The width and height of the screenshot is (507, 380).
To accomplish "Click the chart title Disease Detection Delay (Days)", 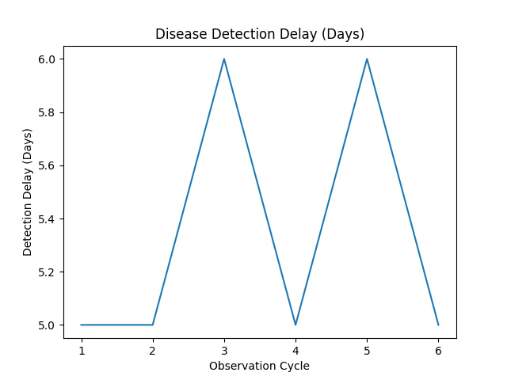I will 260,34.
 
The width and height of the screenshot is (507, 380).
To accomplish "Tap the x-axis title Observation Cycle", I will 259,366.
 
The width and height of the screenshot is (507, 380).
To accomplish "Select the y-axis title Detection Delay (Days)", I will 28,192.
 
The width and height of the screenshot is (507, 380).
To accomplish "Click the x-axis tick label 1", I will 82,349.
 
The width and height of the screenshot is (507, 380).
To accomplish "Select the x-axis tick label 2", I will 153,349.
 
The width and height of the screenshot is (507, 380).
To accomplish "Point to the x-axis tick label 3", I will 224,349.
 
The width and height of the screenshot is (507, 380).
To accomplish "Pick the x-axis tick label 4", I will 295,349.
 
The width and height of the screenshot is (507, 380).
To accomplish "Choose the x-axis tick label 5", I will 367,349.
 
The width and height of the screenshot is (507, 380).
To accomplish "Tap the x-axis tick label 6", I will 438,349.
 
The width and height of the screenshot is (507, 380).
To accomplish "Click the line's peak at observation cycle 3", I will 224,59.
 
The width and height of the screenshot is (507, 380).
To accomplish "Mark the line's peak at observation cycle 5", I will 367,59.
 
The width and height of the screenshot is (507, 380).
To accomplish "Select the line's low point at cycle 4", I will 295,325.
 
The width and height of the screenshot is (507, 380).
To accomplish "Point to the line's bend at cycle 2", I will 153,325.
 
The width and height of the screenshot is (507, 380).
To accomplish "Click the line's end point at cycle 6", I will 438,325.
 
